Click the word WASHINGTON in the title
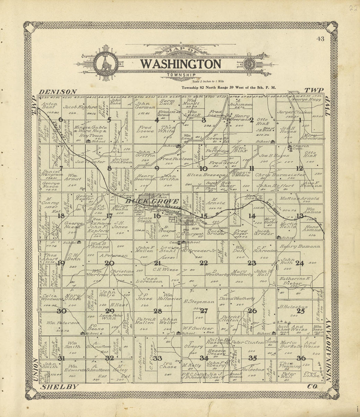pos(181,64)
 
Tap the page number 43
pos(320,39)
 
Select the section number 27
pos(204,311)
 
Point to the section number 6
pos(61,119)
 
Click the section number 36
pos(301,358)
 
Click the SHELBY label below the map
pos(60,387)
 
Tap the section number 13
pos(300,216)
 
